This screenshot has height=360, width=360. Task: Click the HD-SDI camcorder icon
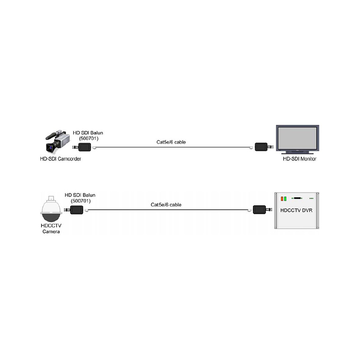58,142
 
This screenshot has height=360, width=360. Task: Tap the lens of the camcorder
49,148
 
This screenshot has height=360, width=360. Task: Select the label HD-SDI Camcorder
61,159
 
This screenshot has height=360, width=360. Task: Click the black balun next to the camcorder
85,147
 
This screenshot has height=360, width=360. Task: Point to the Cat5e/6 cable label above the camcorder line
171,142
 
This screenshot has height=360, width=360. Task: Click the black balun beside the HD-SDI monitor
261,147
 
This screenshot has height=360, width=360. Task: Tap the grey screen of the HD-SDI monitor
297,138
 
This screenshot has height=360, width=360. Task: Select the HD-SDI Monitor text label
300,159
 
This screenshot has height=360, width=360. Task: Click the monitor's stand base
297,153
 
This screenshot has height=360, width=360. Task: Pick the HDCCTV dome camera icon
51,209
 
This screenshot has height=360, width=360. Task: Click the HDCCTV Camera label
51,229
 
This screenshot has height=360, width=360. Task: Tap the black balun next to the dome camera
76,210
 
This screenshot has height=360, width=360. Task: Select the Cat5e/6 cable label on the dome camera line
166,205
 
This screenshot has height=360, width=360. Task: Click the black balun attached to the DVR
259,210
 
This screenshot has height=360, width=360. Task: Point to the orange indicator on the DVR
282,198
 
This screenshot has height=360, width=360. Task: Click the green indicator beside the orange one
285,198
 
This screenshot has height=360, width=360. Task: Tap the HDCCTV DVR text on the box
297,210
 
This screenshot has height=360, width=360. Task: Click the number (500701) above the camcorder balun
89,139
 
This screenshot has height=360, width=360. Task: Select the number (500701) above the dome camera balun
81,201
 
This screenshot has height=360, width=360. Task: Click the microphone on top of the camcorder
54,135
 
